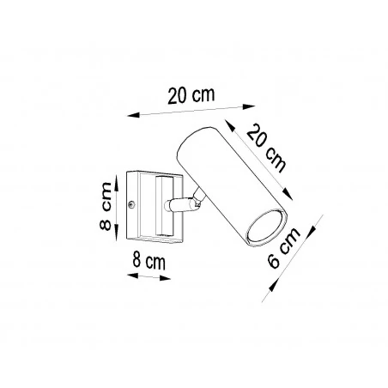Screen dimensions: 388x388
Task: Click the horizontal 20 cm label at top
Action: [191, 96]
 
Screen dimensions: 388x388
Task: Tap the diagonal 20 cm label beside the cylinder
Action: [265, 145]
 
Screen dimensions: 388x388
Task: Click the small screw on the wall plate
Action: [131, 203]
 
